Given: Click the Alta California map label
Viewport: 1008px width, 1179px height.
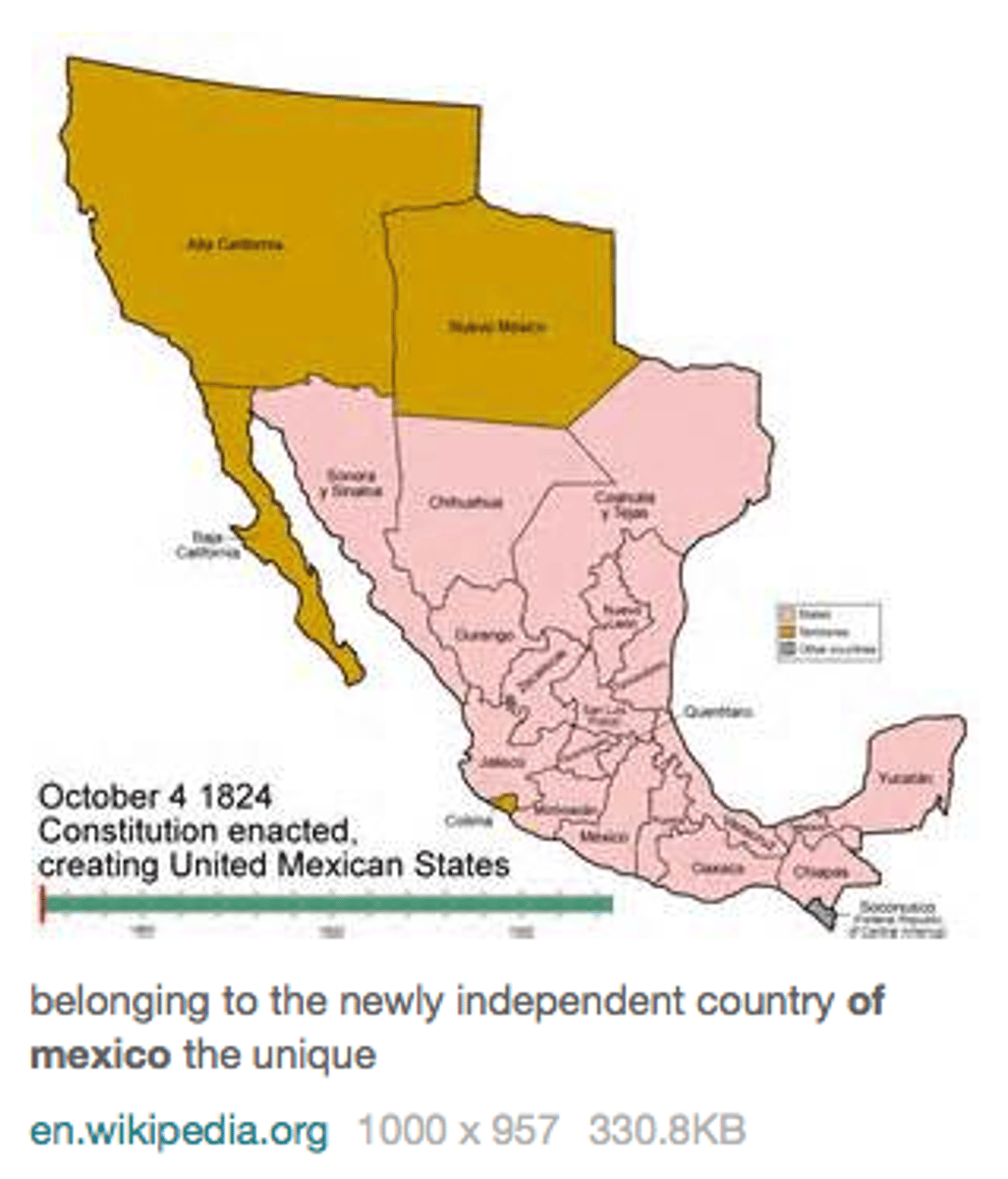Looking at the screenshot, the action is click(235, 244).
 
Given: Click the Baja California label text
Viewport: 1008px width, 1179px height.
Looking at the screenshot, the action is click(207, 544).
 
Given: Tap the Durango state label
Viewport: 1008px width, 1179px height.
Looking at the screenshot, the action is click(483, 637).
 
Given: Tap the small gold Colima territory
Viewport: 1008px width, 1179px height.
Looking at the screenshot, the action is click(505, 803).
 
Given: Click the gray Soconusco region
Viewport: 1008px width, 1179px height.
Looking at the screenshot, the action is click(823, 913).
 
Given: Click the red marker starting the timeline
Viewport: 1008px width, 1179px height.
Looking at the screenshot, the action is click(42, 904).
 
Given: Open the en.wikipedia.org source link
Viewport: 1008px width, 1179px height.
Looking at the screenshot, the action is click(179, 1131).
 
